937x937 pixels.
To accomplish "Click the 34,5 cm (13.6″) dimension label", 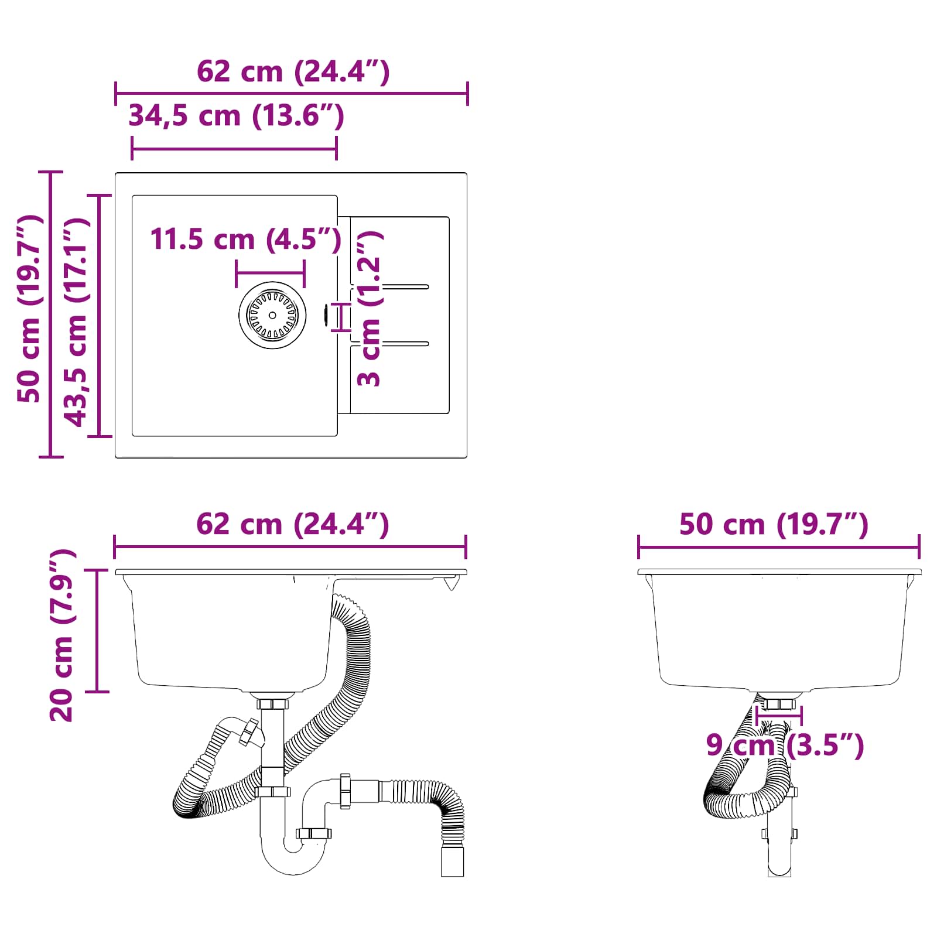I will [x=236, y=115].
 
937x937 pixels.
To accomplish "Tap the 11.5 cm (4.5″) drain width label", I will [x=245, y=240].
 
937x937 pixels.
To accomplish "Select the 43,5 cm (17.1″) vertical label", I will [x=76, y=322].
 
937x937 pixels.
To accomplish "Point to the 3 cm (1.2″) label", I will [x=370, y=309].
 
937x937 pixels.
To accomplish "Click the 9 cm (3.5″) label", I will [x=785, y=746].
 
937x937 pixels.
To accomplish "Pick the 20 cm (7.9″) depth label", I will [x=62, y=635].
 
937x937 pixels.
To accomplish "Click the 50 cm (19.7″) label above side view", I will [x=773, y=524].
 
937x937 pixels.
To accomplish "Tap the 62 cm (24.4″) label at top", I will [x=293, y=71].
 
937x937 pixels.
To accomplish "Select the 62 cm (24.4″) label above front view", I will [x=292, y=524].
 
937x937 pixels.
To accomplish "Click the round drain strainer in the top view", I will [x=272, y=315].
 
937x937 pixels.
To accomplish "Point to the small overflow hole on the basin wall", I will [x=326, y=314].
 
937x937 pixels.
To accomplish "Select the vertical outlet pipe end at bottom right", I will [x=452, y=861].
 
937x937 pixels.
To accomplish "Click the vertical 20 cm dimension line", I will [x=97, y=631].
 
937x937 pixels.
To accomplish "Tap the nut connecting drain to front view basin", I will [x=272, y=703].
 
